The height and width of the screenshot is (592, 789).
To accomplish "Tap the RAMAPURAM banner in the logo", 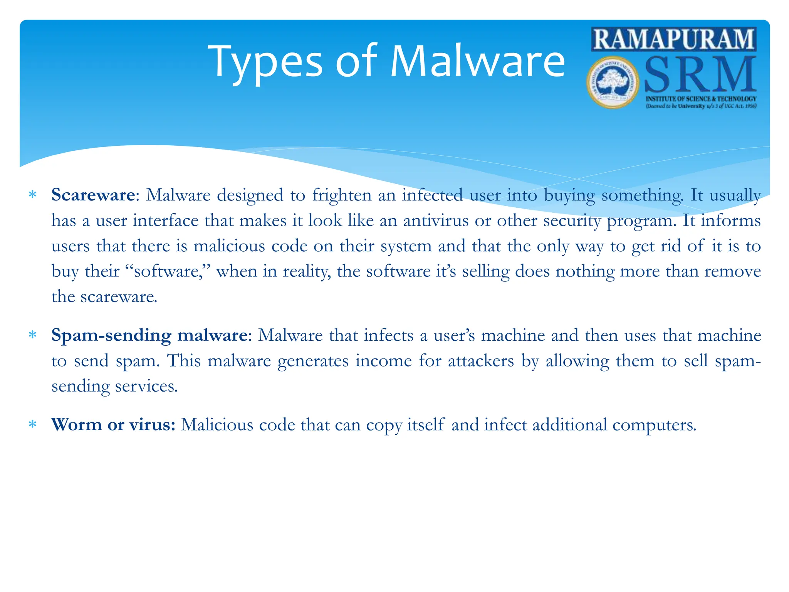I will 674,39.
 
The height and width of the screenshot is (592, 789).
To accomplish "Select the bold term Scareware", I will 93,195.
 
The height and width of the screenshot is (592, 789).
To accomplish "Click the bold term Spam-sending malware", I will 149,335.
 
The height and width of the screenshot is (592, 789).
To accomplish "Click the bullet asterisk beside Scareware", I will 33,195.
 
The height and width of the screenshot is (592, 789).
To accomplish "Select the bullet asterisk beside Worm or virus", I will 33,425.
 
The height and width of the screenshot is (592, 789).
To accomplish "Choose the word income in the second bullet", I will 383,361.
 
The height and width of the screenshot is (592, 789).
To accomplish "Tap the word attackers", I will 480,361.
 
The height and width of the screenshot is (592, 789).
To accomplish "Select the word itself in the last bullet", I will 426,425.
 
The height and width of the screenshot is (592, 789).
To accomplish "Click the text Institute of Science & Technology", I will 701,99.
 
